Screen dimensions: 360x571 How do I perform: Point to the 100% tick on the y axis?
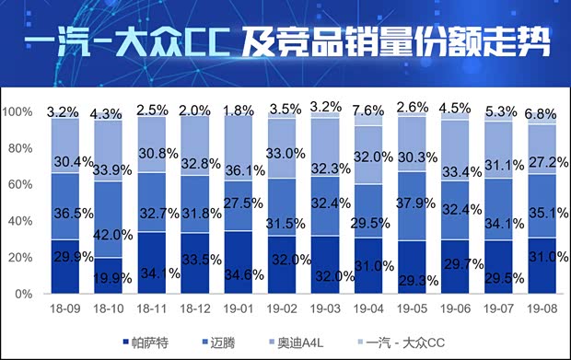[18, 112]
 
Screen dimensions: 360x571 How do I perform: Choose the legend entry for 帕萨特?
[151, 343]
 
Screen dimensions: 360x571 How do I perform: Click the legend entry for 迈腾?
[240, 343]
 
